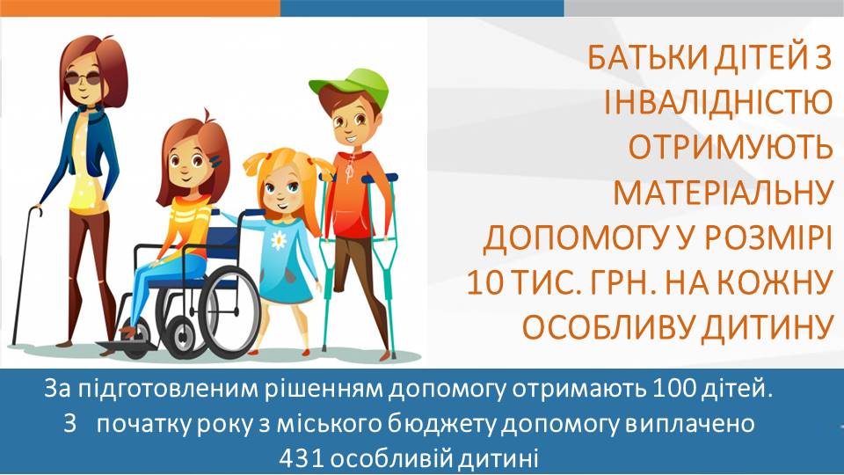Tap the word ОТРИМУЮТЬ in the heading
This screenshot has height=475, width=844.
pos(731,147)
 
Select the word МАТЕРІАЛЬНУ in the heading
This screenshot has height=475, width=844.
pos(723,192)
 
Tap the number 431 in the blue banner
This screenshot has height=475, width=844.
pos(301,459)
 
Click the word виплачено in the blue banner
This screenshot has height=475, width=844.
pos(689,424)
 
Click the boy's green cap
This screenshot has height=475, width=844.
pos(353,85)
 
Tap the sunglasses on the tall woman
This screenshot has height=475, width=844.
pos(84,78)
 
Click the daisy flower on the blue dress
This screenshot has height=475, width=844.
pos(279,240)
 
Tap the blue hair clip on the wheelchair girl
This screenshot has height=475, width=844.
pos(216,160)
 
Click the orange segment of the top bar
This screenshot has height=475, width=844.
pos(140,8)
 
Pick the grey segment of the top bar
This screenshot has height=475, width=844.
pos(704,8)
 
